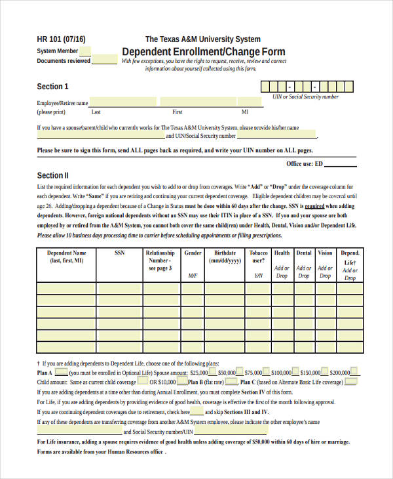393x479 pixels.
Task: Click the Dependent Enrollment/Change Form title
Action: pyautogui.click(x=204, y=51)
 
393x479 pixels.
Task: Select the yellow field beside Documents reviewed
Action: pyautogui.click(x=105, y=61)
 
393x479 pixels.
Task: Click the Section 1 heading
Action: pyautogui.click(x=52, y=87)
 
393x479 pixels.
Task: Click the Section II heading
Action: pyautogui.click(x=52, y=175)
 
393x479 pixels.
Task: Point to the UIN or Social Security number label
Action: pyautogui.click(x=306, y=96)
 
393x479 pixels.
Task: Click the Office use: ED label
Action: pyautogui.click(x=305, y=163)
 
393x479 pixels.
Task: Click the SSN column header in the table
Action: pyautogui.click(x=120, y=253)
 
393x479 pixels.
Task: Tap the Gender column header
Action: pyautogui.click(x=193, y=253)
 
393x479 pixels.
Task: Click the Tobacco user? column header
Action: pyautogui.click(x=258, y=256)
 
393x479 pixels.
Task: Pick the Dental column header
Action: pyautogui.click(x=304, y=253)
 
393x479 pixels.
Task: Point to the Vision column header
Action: pyautogui.click(x=325, y=253)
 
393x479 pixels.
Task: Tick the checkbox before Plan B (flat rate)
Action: pyautogui.click(x=183, y=381)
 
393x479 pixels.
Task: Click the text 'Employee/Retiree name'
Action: pyautogui.click(x=62, y=103)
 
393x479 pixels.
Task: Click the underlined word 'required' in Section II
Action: pyautogui.click(x=314, y=205)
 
